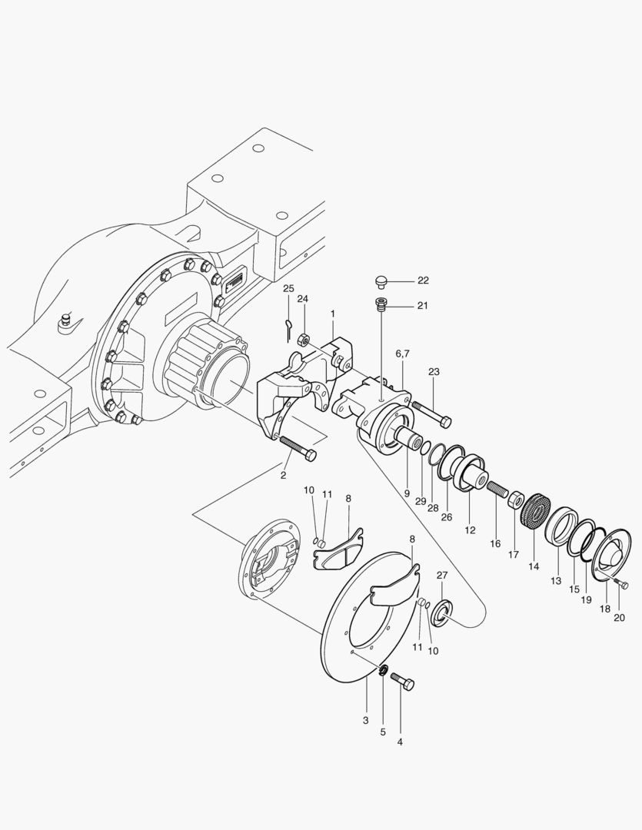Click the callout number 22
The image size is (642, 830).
(423, 281)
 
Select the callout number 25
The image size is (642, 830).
(288, 288)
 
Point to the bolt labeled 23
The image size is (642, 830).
(431, 413)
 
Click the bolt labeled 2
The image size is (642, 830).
(296, 449)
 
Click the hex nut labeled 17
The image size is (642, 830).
(517, 500)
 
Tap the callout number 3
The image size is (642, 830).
(366, 720)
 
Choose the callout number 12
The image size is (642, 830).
(471, 530)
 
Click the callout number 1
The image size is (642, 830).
(333, 314)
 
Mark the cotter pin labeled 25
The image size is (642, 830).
(287, 327)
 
